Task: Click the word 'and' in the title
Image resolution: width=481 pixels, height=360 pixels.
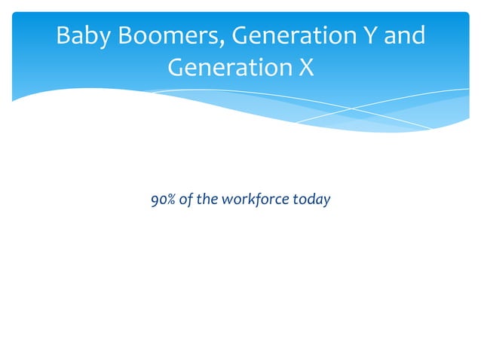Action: (405, 36)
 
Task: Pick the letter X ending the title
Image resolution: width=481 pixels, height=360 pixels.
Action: (305, 68)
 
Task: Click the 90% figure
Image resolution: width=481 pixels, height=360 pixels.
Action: (163, 200)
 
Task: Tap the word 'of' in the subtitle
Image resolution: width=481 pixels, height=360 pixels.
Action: (185, 200)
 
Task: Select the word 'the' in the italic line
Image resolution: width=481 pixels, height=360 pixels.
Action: (205, 200)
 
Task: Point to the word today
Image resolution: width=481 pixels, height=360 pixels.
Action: (311, 201)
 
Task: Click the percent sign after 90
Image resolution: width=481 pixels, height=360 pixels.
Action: (170, 200)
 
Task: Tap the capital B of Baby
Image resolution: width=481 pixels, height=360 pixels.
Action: (63, 36)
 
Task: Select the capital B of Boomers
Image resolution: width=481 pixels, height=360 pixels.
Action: (119, 36)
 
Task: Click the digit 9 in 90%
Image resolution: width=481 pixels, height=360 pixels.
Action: (155, 200)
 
